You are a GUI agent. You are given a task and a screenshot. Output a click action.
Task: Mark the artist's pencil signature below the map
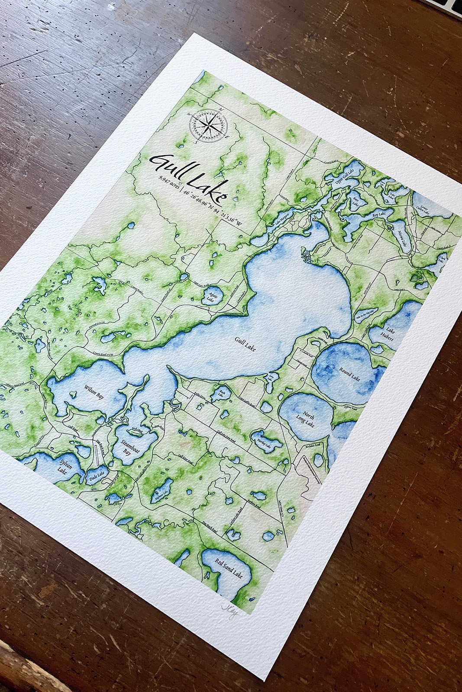pos(230,612)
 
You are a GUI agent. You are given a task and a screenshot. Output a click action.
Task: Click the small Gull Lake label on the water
pos(245,344)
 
